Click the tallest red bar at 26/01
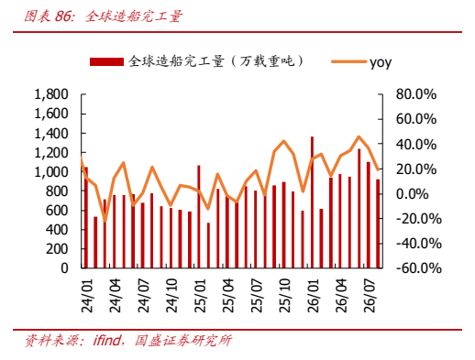tap(312, 202)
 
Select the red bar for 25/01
tap(199, 217)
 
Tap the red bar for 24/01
tap(86, 217)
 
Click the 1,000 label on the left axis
tap(51, 172)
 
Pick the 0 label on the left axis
tap(64, 268)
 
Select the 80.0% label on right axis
tap(416, 94)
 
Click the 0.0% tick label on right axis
tap(413, 194)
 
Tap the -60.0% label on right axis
tap(419, 268)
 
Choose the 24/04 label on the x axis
tap(116, 295)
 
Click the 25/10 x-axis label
tap(285, 295)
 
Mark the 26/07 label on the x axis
tap(370, 295)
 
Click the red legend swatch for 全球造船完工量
tap(106, 61)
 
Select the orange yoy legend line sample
tap(348, 61)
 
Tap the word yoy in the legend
tap(381, 63)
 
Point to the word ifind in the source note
tap(106, 340)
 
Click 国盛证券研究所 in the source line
tap(183, 341)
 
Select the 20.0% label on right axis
tap(416, 169)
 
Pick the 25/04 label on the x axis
tap(228, 295)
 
